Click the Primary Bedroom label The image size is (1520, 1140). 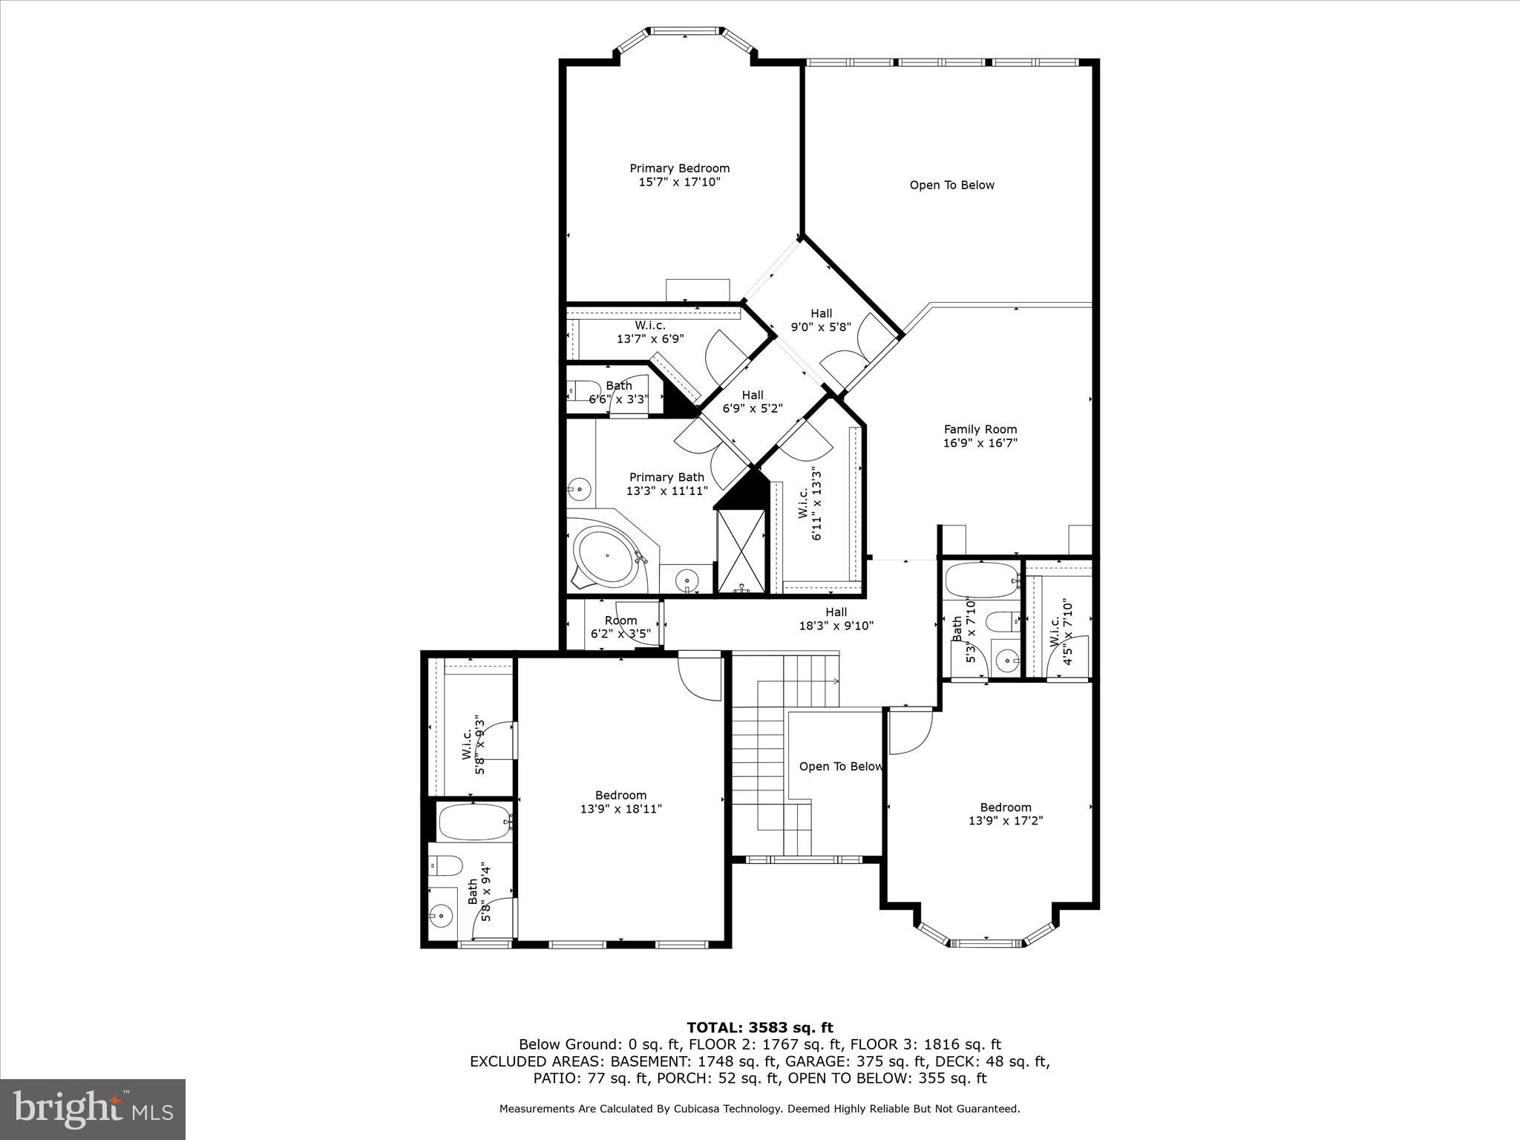679,168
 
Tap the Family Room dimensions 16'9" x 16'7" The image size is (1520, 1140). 980,443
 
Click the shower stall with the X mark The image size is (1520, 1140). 740,550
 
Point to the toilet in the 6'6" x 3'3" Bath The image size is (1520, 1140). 584,390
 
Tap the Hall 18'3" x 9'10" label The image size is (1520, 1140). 836,619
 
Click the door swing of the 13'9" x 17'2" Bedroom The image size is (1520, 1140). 908,733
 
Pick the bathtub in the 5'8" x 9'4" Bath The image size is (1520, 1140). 474,822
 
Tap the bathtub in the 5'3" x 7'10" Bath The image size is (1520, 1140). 980,580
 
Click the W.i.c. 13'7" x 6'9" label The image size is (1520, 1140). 650,332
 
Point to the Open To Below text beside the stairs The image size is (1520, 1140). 841,767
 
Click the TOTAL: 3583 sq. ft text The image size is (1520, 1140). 759,1028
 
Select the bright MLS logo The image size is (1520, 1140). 93,1109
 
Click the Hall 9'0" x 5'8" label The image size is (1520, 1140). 821,320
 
